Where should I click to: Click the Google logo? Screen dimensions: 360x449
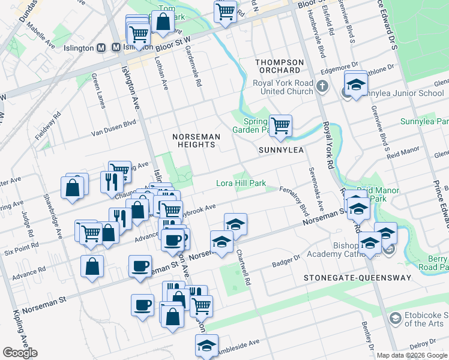pos(20,353)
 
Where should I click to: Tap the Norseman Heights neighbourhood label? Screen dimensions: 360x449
pos(197,137)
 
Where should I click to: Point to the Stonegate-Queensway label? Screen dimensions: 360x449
pos(357,278)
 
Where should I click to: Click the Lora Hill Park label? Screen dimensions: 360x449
pos(241,183)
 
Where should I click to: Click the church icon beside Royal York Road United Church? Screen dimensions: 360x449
pos(322,86)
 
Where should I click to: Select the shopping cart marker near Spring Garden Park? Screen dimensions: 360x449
pos(280,125)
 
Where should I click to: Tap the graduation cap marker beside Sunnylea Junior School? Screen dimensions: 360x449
pos(356,83)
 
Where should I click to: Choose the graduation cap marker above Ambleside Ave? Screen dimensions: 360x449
pos(206,345)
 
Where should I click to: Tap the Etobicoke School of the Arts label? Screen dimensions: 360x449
pos(423,320)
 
